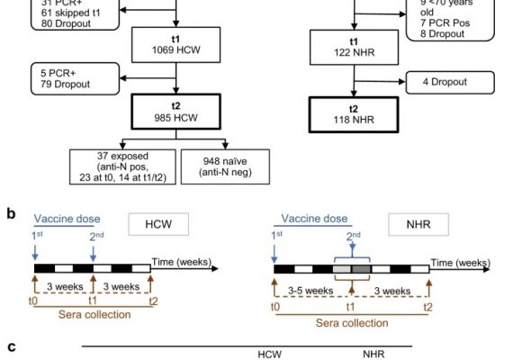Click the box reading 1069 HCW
pyautogui.click(x=175, y=45)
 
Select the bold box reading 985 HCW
pyautogui.click(x=175, y=112)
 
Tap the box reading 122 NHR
pyautogui.click(x=354, y=48)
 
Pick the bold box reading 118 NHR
pyautogui.click(x=354, y=115)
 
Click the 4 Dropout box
pyautogui.click(x=450, y=82)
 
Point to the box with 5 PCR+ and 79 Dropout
pyautogui.click(x=75, y=78)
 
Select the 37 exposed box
pyautogui.click(x=122, y=166)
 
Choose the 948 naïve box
pyautogui.click(x=225, y=166)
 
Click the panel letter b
pyautogui.click(x=11, y=214)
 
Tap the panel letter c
pyautogui.click(x=12, y=347)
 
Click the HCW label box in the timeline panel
pyautogui.click(x=158, y=224)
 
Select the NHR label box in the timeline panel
pyautogui.click(x=418, y=224)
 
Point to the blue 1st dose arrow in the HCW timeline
pyautogui.click(x=35, y=253)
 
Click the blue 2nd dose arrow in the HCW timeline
pyautogui.click(x=94, y=254)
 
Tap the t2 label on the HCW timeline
pyautogui.click(x=153, y=301)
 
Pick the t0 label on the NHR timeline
pyautogui.click(x=275, y=306)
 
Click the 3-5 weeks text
pyautogui.click(x=310, y=291)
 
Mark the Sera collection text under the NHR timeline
pyautogui.click(x=352, y=323)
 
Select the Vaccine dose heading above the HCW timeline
pyautogui.click(x=67, y=219)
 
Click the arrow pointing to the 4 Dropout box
pyautogui.click(x=380, y=81)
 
